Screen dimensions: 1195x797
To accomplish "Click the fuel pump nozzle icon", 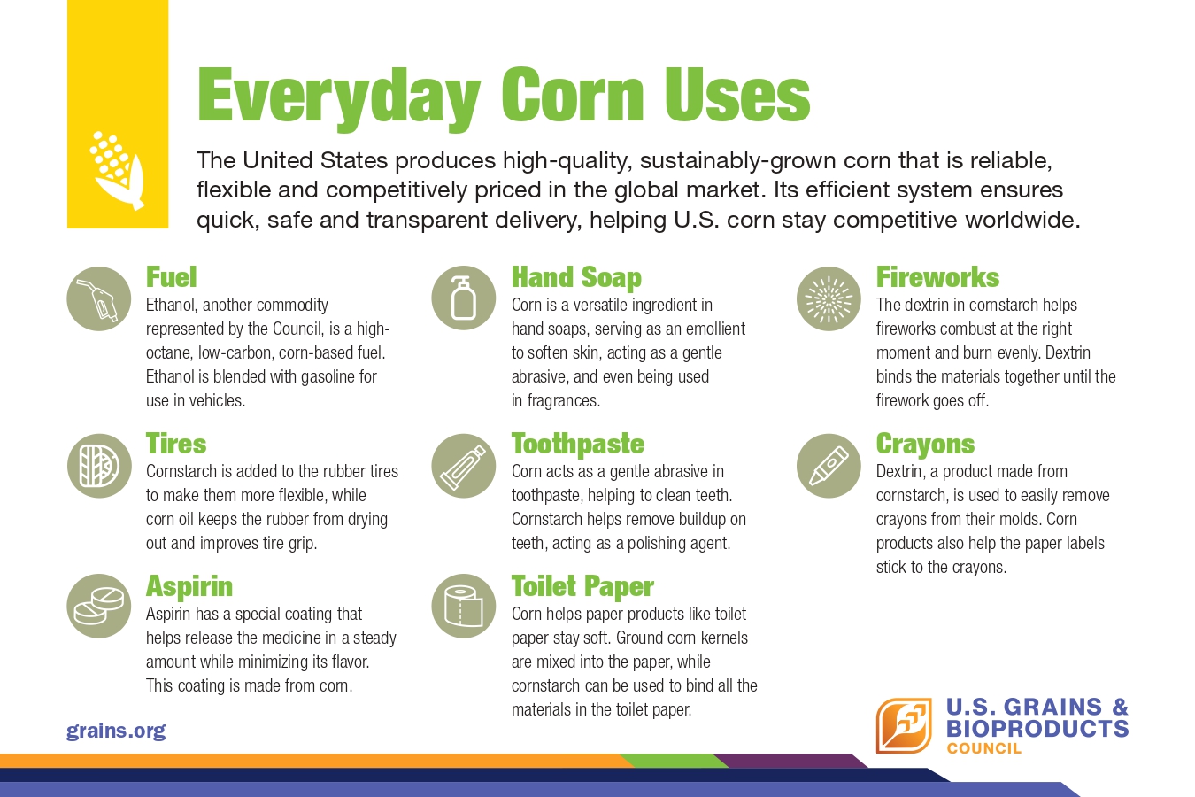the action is point(98,299).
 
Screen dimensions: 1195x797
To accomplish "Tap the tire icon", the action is point(99,466).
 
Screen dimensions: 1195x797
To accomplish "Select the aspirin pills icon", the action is point(98,606).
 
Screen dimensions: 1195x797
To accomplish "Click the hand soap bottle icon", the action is point(464,298).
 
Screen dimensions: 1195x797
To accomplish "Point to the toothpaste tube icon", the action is point(464,466).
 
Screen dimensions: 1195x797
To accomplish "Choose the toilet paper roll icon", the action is point(464,606).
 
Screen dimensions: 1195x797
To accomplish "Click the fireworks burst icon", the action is point(829,299).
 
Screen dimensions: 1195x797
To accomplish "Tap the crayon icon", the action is point(829,466).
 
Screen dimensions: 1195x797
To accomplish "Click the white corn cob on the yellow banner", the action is point(117,170).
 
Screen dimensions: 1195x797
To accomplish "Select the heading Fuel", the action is point(171,277).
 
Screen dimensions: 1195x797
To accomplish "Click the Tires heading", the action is point(176,444).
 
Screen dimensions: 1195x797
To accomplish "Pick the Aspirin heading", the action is point(189,586).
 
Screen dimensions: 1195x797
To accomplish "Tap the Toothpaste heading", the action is point(578,445).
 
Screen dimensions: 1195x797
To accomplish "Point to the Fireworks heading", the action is point(938,277).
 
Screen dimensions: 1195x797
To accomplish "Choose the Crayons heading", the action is point(926,445).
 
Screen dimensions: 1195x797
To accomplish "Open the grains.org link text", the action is point(116,731).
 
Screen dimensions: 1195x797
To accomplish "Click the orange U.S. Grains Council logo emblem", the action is point(905,726).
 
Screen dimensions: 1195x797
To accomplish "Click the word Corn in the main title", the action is point(573,97).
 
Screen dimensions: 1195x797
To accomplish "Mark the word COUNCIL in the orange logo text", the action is point(983,748).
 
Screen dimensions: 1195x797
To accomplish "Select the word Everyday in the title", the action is point(339,99).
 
